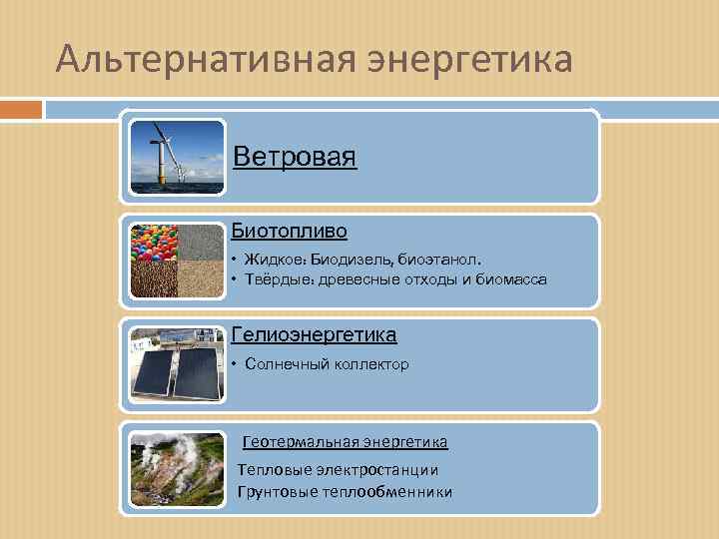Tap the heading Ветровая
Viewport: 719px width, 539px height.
295,157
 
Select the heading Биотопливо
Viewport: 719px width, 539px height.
290,231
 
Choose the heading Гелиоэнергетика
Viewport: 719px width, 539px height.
314,334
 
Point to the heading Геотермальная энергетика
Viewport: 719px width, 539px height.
346,440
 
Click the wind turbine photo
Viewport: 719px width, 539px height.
178,157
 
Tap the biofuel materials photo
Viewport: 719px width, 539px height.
178,260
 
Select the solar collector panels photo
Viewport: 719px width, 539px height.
178,363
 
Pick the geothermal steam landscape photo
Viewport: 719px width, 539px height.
178,467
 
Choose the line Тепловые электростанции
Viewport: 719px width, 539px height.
338,469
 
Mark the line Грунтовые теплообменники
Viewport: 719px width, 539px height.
345,491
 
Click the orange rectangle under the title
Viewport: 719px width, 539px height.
21,109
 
